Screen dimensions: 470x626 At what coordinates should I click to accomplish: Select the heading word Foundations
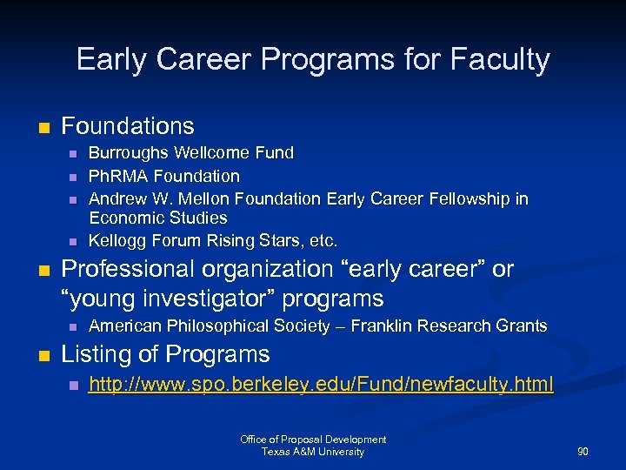point(128,126)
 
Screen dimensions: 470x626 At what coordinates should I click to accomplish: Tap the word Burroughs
point(129,153)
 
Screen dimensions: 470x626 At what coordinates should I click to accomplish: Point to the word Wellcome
point(213,153)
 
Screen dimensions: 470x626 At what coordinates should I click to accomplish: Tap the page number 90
point(583,452)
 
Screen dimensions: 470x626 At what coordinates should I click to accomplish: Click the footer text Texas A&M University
point(313,452)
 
